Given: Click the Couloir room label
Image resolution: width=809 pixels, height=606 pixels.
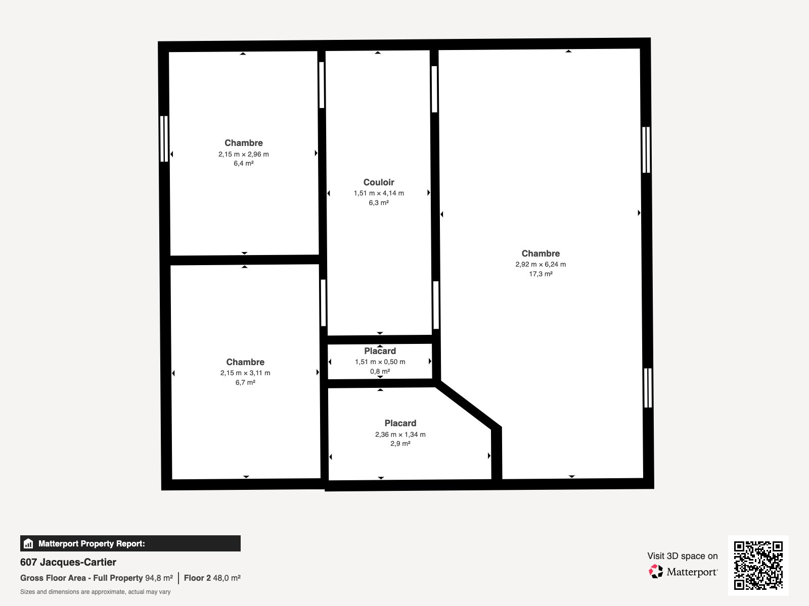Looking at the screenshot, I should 379,182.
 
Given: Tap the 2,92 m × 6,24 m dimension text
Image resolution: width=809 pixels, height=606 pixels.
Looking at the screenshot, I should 541,264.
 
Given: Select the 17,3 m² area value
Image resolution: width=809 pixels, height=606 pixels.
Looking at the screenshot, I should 541,274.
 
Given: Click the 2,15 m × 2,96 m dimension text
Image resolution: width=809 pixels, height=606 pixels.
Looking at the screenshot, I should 244,154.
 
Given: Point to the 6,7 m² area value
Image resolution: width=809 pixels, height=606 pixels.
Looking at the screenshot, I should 245,382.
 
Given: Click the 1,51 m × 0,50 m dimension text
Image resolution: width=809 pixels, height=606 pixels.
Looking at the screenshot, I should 380,362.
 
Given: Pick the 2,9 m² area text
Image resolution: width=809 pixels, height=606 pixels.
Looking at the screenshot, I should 400,443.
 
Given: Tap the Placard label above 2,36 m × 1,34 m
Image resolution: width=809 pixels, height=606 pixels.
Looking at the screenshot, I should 400,423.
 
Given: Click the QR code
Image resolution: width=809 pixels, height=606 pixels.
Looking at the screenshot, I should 758,565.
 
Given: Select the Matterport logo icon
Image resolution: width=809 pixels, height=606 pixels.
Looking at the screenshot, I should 656,572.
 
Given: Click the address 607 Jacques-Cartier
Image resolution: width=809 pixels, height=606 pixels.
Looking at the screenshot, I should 68,562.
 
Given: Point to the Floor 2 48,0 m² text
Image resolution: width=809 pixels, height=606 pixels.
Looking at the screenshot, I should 212,578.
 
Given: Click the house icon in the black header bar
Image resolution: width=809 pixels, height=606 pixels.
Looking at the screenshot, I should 28,543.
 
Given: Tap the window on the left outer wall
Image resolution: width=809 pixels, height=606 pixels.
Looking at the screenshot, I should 164,139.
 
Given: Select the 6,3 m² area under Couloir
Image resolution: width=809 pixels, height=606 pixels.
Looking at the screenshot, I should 379,203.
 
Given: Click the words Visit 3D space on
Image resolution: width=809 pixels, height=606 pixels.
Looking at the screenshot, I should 682,556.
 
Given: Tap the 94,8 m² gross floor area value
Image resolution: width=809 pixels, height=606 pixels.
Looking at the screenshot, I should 159,578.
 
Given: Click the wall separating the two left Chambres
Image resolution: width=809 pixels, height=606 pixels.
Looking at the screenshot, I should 244,260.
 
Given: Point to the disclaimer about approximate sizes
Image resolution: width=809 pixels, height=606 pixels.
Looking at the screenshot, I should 96,592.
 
